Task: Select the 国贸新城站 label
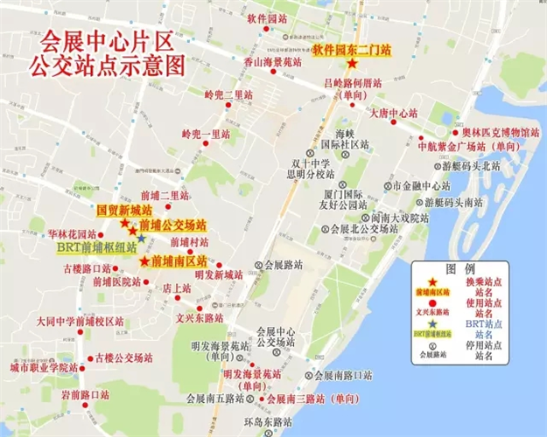click(123, 211)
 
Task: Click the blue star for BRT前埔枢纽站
click(141, 238)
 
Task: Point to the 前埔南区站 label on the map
click(179, 260)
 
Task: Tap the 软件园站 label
click(267, 17)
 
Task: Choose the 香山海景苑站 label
click(272, 63)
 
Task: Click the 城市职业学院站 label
click(45, 369)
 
